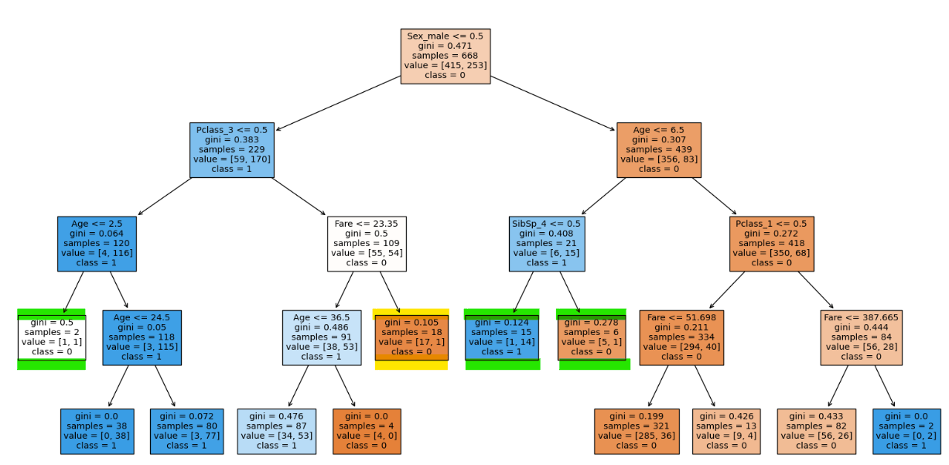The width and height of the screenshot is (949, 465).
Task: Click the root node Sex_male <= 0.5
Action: [445, 56]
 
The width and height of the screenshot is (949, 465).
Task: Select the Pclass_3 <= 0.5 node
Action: [232, 150]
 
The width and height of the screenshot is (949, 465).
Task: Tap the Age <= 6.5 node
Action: [659, 150]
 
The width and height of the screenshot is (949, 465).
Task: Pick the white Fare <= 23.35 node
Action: [367, 244]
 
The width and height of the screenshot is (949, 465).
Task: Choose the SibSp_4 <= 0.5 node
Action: [547, 244]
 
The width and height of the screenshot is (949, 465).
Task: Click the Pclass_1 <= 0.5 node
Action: [771, 244]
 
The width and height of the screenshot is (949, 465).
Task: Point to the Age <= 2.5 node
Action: [97, 244]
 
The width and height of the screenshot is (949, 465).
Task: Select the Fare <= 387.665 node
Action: [862, 338]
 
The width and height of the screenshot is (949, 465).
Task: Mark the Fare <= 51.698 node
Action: [681, 338]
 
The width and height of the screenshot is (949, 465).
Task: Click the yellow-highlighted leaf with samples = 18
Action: [411, 337]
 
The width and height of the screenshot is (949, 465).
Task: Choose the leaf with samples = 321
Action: [637, 432]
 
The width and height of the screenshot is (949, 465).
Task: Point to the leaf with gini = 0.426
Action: [726, 432]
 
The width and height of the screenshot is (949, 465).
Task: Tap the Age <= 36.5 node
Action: [322, 338]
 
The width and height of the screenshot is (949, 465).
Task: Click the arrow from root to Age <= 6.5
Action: [552, 103]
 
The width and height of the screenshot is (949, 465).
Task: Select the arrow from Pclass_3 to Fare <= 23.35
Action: [299, 197]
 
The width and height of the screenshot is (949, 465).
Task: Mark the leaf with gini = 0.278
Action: [592, 337]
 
